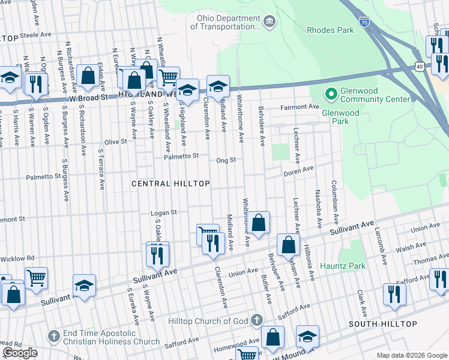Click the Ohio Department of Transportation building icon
(270, 22)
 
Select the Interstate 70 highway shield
(364, 22)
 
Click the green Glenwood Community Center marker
(330, 94)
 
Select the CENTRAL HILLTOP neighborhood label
(171, 184)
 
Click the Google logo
(20, 353)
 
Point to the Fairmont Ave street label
(301, 107)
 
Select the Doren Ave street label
(299, 170)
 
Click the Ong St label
(226, 160)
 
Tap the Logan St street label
(164, 212)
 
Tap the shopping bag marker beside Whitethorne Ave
(259, 224)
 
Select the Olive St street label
(116, 142)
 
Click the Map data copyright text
(412, 355)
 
